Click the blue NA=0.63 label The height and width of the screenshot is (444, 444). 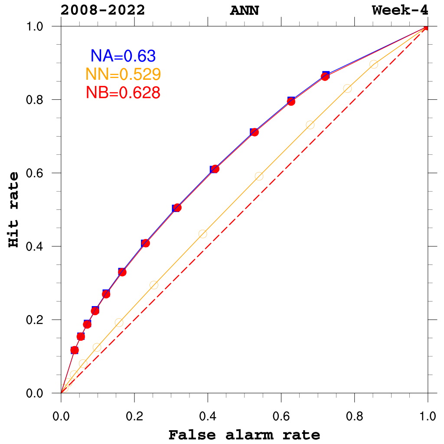click(123, 55)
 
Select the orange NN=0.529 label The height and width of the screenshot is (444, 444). click(123, 74)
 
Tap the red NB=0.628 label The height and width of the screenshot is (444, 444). click(123, 92)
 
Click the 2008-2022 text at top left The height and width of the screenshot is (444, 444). click(103, 10)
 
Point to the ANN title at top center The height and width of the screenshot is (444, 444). click(244, 10)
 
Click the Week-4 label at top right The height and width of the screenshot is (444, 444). click(400, 10)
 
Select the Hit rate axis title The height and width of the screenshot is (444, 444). click(15, 209)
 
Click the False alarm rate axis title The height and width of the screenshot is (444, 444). click(244, 434)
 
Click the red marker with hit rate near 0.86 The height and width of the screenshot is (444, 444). click(325, 76)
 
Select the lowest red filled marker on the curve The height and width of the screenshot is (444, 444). click(75, 350)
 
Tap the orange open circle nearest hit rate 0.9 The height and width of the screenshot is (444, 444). click(374, 64)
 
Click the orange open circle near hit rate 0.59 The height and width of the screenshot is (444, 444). click(259, 176)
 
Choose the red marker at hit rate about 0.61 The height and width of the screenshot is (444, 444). click(215, 169)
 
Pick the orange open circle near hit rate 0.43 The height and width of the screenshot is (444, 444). click(202, 234)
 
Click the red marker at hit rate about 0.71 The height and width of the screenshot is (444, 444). click(255, 132)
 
